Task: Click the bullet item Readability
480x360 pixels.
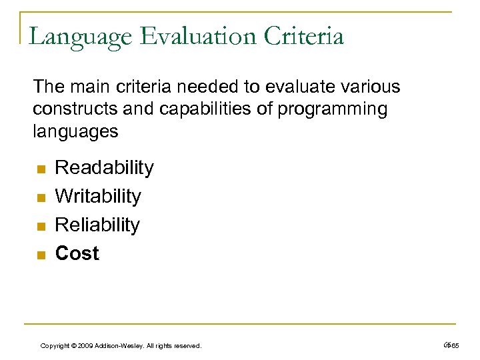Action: (104, 167)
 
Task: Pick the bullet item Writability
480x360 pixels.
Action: (98, 196)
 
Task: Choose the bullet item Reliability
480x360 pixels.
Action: (97, 225)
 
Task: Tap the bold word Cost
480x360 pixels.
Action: (77, 253)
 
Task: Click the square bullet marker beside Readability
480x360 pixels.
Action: (39, 169)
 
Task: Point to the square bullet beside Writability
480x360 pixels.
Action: (39, 197)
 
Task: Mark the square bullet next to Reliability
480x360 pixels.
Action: (39, 226)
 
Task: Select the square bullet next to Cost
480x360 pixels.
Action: (39, 255)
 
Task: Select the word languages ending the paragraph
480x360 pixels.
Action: (75, 131)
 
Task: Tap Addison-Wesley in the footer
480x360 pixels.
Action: (118, 345)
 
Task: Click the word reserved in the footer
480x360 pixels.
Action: (187, 345)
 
